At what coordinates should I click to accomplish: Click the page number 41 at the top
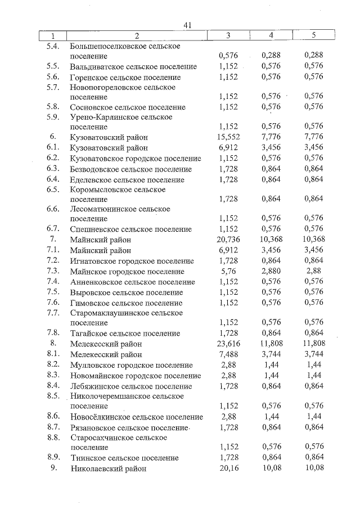coord(188,25)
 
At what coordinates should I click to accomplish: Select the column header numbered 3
coord(228,36)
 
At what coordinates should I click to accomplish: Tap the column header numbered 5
coord(313,36)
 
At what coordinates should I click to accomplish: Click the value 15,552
coord(228,137)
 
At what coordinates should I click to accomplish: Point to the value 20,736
coord(228,240)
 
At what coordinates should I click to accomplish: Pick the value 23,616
coord(228,344)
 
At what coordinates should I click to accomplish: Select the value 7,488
coord(228,355)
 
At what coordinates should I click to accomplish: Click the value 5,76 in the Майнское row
coord(228,271)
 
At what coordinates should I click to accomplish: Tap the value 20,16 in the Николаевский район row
coord(228,468)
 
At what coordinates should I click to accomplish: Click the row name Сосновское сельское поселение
coord(128,107)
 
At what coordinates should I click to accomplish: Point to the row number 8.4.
coord(53,386)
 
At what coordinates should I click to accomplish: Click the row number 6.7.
coord(53,229)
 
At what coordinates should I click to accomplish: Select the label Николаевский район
coord(108,468)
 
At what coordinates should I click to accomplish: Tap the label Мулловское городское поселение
coord(132,366)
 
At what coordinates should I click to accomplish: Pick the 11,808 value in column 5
coord(313,344)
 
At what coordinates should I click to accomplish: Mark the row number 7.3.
coord(53,271)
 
